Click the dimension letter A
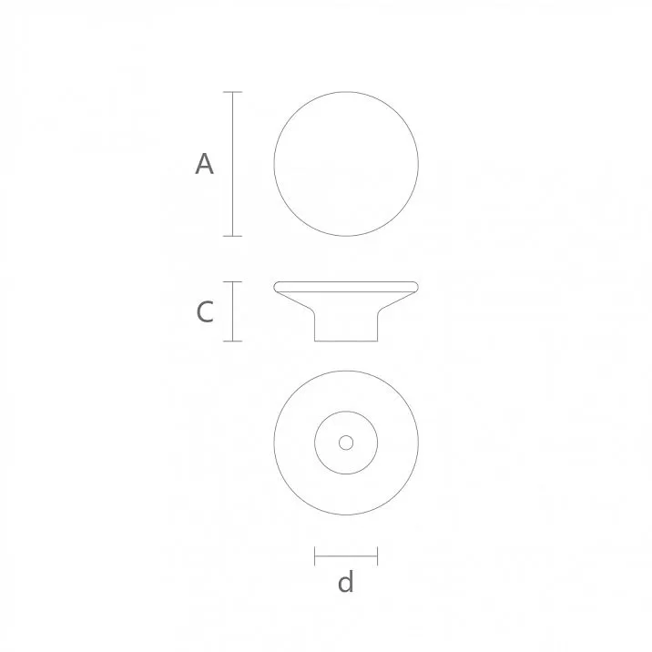click(x=205, y=165)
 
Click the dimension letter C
click(x=205, y=312)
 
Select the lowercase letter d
click(x=345, y=582)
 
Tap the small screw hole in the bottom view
click(x=346, y=443)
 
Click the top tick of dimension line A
click(x=232, y=92)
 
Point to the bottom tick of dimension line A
click(x=232, y=236)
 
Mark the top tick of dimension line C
click(x=232, y=281)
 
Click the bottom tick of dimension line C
click(x=232, y=341)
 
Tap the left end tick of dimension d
click(x=315, y=555)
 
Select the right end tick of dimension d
click(x=377, y=555)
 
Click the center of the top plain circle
click(x=346, y=164)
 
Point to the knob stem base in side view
click(x=346, y=328)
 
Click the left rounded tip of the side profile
click(x=278, y=287)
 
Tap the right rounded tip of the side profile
click(x=415, y=287)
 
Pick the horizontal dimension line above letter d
click(x=346, y=555)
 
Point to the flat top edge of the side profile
click(x=346, y=282)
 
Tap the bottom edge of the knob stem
click(x=346, y=341)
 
